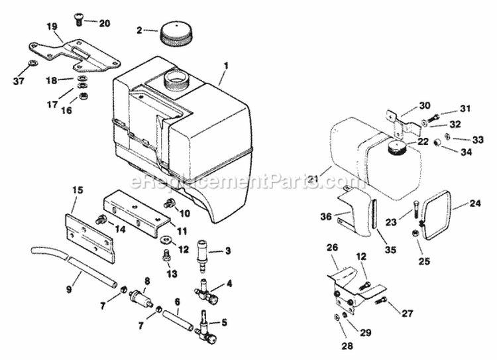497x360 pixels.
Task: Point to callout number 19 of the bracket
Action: [x=52, y=27]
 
